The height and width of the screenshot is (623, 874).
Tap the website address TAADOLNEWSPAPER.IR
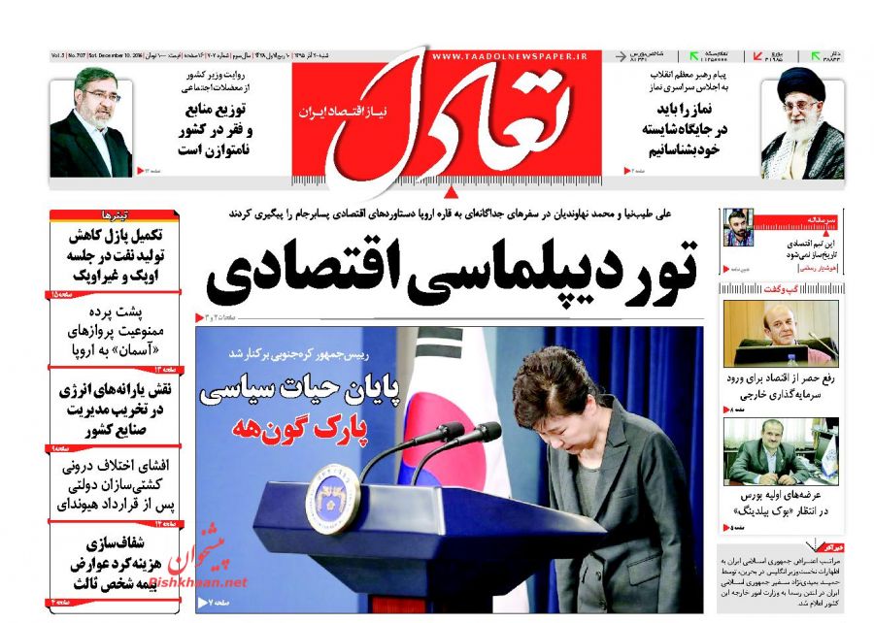tap(510, 57)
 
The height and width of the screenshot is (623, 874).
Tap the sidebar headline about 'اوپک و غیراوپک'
tap(120, 255)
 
